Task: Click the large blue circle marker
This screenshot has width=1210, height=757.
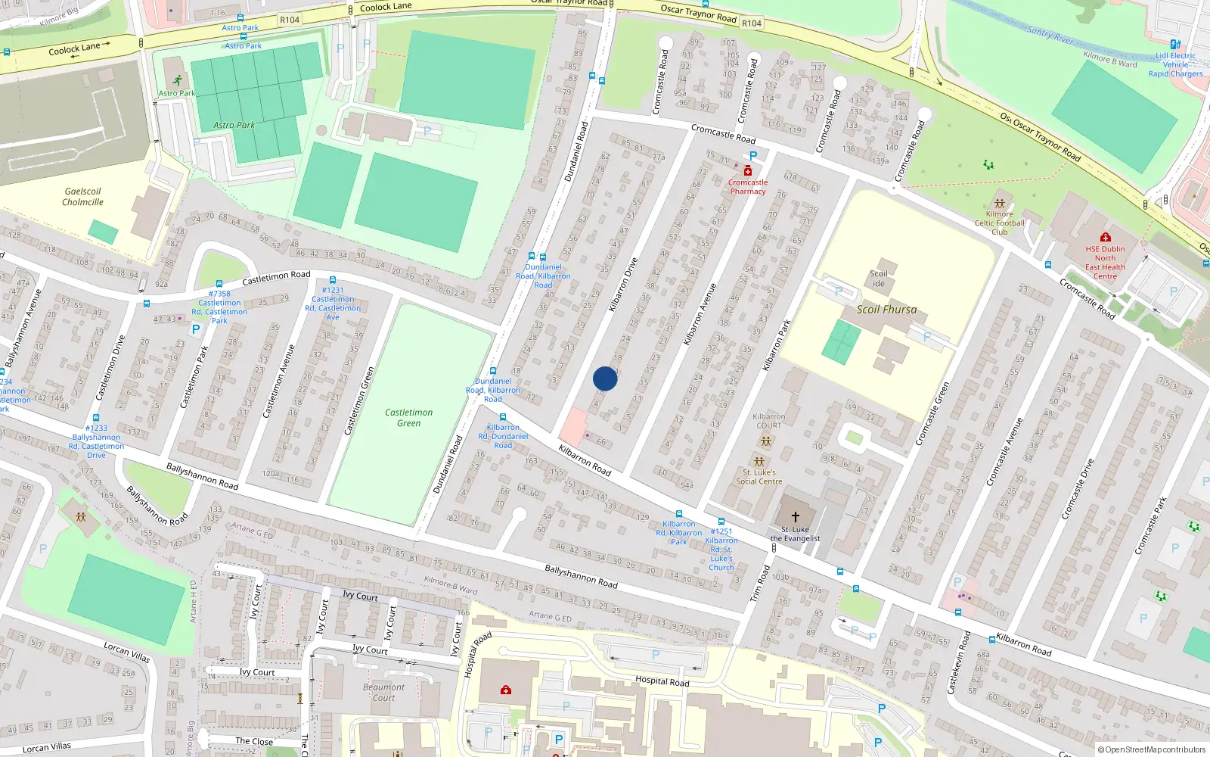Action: tap(605, 378)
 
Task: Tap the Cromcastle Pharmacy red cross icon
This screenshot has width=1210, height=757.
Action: tap(748, 171)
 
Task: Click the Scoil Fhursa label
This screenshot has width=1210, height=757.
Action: tap(886, 310)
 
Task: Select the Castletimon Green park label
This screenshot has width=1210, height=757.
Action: tap(408, 418)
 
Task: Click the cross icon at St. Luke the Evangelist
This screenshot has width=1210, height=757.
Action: tap(796, 517)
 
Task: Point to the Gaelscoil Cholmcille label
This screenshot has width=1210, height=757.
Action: tap(83, 197)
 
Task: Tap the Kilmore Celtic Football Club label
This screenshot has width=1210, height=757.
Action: tap(1000, 223)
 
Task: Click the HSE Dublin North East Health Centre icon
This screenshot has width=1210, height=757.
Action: tap(1106, 238)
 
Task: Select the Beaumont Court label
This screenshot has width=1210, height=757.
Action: tap(383, 693)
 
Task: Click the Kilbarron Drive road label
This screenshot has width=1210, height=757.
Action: tap(624, 285)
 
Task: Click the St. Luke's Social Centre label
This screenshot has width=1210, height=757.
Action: tap(759, 477)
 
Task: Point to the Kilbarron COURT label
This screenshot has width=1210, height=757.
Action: tap(769, 421)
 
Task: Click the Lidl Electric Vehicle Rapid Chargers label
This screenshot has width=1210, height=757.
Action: tap(1175, 64)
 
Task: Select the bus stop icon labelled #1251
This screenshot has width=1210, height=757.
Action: tap(721, 522)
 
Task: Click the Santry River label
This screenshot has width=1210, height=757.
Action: tap(1050, 34)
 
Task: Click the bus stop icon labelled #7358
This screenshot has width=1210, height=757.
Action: tap(219, 283)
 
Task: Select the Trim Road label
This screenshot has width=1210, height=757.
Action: tap(759, 584)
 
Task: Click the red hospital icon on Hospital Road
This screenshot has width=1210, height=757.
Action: tap(506, 690)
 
